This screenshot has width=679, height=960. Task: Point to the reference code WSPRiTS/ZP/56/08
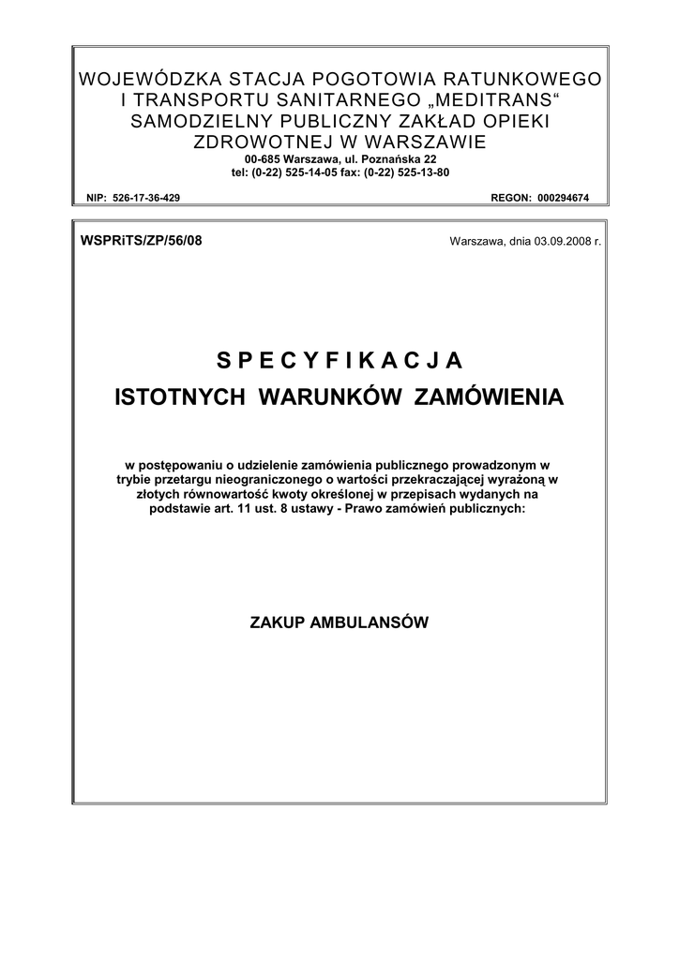tap(142, 240)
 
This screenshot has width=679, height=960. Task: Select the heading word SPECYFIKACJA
tap(339, 360)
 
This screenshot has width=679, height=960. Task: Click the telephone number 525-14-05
tap(327, 172)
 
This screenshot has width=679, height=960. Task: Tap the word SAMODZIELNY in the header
tap(200, 122)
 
